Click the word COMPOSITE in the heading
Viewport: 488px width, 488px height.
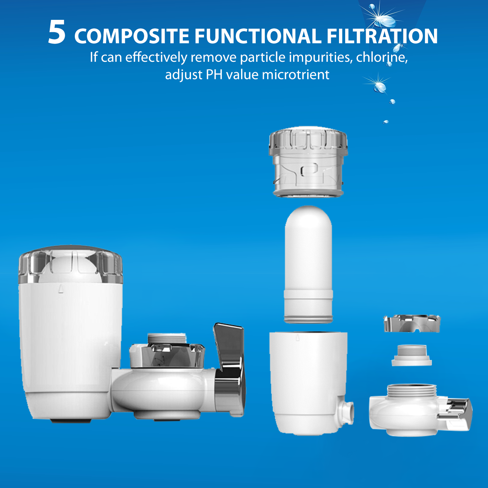coord(132,36)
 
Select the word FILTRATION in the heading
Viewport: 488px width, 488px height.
coord(382,36)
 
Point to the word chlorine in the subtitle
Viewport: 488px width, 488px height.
coord(381,57)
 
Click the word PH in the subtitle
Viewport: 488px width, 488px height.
coord(214,75)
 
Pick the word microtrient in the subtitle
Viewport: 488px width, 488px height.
coord(295,75)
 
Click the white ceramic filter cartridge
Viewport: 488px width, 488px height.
coord(308,264)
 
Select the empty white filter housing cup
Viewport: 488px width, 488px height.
coord(307,381)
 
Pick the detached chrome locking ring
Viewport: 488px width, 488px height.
coord(412,323)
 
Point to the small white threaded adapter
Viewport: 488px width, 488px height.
coord(412,355)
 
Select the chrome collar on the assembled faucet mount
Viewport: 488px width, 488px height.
coord(167,355)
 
